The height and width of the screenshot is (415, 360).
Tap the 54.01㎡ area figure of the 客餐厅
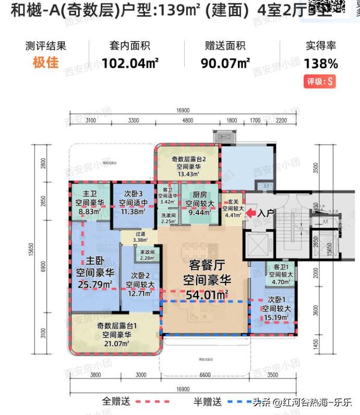(207, 296)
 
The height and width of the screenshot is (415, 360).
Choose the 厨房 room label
(196, 194)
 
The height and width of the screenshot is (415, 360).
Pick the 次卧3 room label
(133, 194)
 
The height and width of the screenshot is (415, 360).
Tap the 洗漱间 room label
(168, 215)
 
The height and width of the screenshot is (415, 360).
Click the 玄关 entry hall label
(230, 199)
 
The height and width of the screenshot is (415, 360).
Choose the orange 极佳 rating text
(46, 64)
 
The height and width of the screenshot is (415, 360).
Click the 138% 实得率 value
(321, 64)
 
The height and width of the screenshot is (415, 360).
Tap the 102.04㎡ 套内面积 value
(130, 64)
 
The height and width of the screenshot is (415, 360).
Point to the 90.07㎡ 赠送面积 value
(225, 64)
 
